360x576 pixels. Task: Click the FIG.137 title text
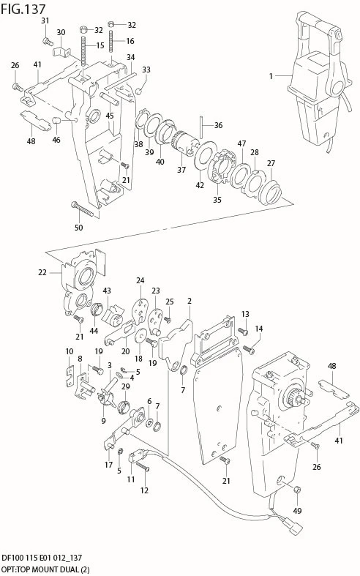23,9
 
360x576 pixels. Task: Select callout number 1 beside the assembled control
271,76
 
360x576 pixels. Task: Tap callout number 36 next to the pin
218,125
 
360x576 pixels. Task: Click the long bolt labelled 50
83,209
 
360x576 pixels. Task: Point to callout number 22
42,272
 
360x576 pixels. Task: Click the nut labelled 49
298,490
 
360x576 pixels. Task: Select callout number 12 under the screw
144,490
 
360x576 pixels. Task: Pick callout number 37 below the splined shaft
181,169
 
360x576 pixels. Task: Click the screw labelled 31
46,41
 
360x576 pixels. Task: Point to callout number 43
107,291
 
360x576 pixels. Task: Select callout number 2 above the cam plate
190,301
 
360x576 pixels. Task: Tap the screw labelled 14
249,349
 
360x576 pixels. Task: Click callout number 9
103,421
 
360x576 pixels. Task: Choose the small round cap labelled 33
139,91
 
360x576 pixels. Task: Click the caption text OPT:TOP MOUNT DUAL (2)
45,569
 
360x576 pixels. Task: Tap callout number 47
241,143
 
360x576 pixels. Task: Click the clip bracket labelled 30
61,51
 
